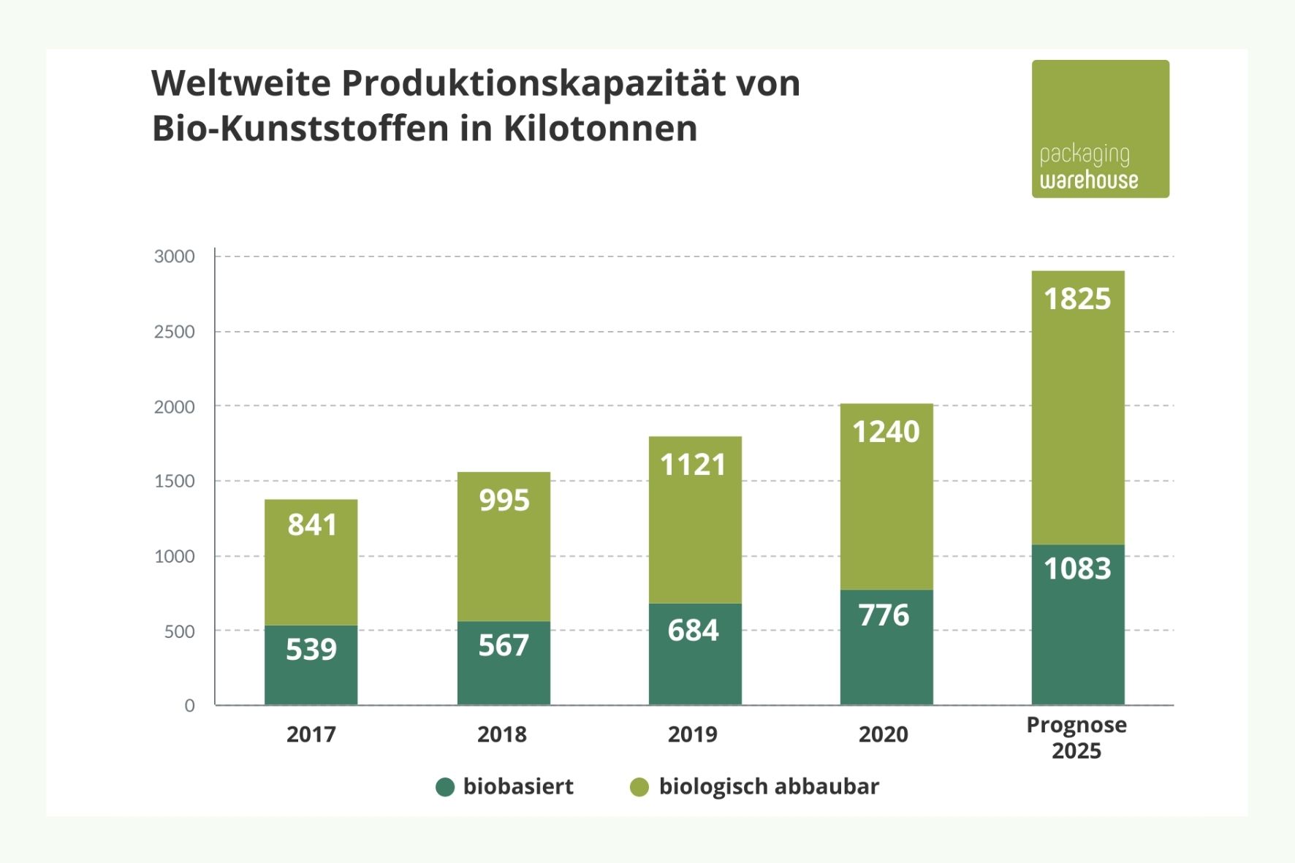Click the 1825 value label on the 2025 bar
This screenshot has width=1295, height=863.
(x=1077, y=299)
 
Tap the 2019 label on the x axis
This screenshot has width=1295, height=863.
(x=692, y=734)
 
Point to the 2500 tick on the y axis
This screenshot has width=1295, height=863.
(x=174, y=332)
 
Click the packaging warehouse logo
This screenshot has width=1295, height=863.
(x=1100, y=129)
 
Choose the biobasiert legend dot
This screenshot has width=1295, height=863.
(x=445, y=787)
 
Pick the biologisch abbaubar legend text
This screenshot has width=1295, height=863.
(x=769, y=786)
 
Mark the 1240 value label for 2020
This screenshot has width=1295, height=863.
(x=886, y=432)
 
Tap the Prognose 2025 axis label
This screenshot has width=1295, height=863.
(x=1076, y=737)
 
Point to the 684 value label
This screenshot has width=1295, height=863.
(x=693, y=630)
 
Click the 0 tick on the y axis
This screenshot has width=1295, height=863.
(x=189, y=705)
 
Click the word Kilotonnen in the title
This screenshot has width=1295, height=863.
(x=600, y=129)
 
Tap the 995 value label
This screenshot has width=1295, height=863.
(x=504, y=501)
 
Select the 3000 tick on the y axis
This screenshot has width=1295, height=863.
(x=174, y=256)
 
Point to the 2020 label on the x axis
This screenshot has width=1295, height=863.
(x=883, y=734)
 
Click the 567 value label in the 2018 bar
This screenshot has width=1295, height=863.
(x=504, y=645)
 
